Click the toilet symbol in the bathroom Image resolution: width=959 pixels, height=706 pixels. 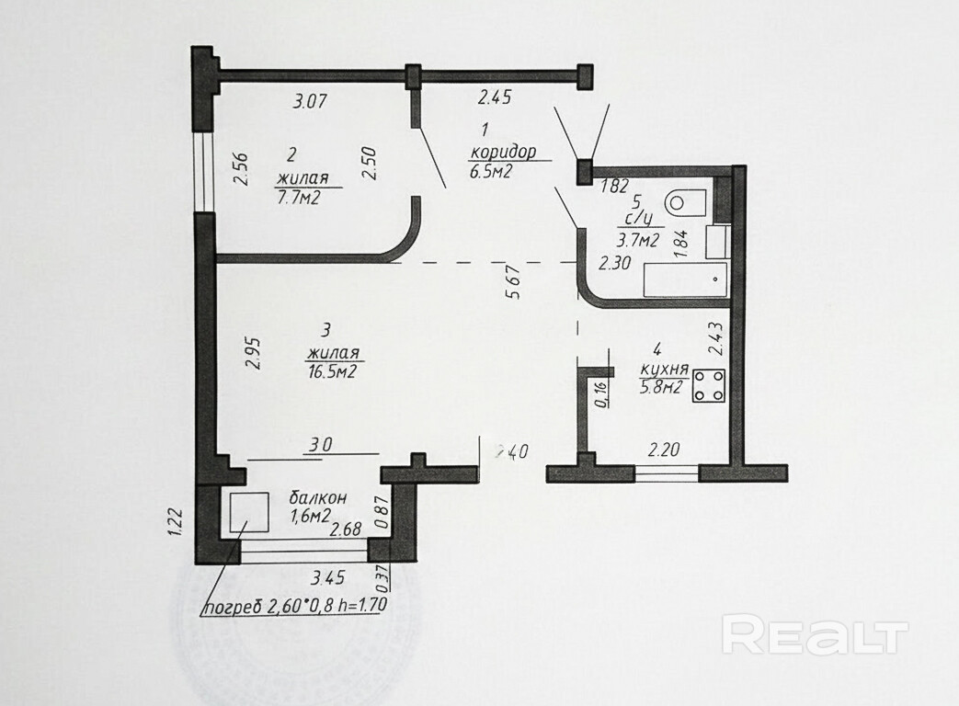(x=684, y=200)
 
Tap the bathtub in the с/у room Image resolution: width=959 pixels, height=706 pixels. (x=684, y=279)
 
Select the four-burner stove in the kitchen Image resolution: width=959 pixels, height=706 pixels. (x=708, y=384)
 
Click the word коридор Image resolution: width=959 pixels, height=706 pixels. (x=503, y=152)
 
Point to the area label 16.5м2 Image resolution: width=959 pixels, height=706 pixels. (x=332, y=371)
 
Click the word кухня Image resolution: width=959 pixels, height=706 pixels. (x=664, y=370)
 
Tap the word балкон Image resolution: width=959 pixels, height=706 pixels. (x=318, y=497)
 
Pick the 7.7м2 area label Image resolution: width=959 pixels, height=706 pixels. (x=297, y=197)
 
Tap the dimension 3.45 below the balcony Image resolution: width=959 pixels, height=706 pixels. (x=328, y=578)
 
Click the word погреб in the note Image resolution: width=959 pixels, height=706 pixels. (x=234, y=608)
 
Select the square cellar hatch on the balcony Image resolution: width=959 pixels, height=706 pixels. (x=247, y=511)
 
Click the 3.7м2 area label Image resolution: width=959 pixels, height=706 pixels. (x=639, y=241)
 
